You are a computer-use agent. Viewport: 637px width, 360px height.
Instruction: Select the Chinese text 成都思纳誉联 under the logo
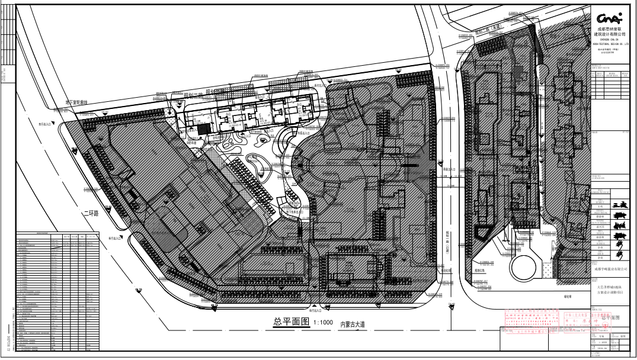point(610,28)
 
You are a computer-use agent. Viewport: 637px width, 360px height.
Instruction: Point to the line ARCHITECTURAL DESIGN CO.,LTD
point(610,43)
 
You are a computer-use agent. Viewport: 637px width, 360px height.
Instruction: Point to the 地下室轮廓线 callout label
point(77,103)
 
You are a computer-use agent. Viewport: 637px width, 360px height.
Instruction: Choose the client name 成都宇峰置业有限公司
point(610,268)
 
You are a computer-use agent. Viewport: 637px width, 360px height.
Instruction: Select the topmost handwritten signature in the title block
point(619,204)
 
